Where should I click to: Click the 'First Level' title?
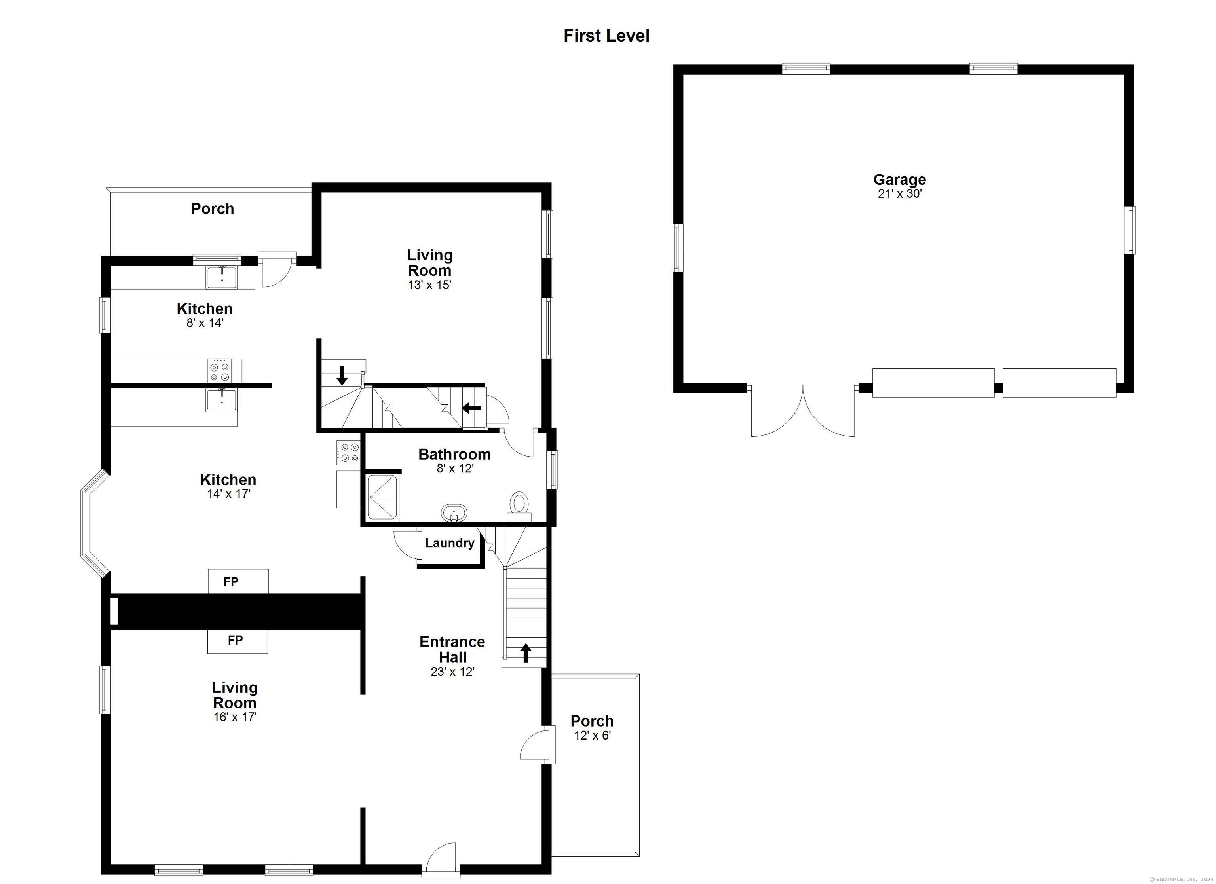click(x=606, y=36)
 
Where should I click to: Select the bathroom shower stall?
click(x=383, y=497)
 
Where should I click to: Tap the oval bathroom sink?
click(x=454, y=512)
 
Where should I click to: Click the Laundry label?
click(x=450, y=543)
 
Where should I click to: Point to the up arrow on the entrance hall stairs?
click(x=525, y=653)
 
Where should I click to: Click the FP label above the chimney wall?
click(x=231, y=581)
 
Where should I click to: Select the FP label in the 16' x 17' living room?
click(x=236, y=640)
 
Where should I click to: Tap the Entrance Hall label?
click(x=452, y=649)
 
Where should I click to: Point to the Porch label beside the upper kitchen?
click(x=212, y=209)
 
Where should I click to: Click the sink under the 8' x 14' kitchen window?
click(x=222, y=277)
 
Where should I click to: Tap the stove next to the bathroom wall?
click(x=348, y=452)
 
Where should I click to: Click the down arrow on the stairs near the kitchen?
click(x=342, y=375)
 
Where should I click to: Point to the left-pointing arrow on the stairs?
click(x=471, y=408)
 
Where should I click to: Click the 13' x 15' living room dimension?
click(x=429, y=285)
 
